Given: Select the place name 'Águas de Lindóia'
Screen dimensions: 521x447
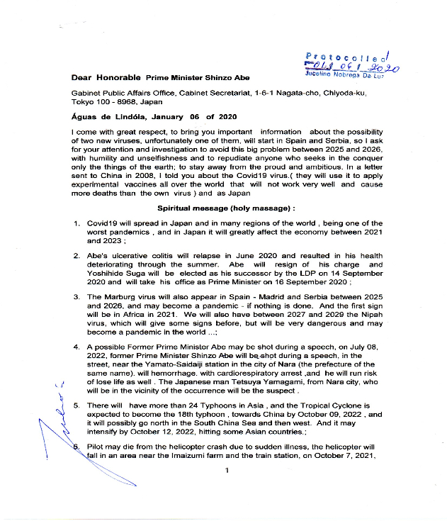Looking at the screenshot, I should pos(108,117).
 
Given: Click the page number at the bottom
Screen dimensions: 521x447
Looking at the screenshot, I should pos(226,470).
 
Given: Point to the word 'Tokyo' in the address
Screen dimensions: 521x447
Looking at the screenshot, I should pos(84,102).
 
